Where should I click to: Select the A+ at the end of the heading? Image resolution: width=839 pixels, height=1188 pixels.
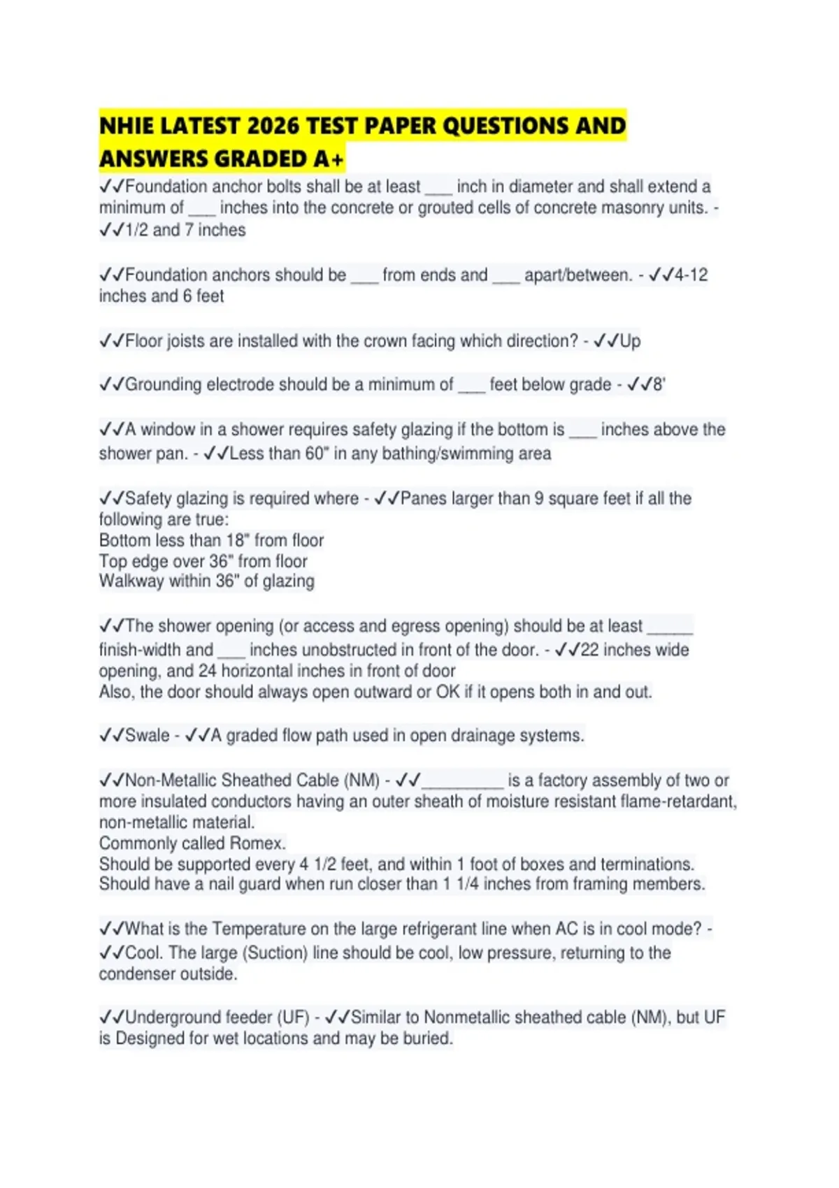(328, 159)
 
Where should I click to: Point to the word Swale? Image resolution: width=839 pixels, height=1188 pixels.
(147, 735)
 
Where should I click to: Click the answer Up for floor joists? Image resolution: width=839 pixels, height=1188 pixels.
(630, 341)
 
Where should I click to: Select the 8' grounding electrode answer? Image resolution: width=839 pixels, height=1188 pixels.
(659, 384)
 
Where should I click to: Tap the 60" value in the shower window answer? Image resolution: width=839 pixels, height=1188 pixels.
(317, 454)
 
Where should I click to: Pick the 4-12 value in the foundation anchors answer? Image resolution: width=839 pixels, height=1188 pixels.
(691, 275)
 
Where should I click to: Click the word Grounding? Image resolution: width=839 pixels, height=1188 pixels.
(163, 384)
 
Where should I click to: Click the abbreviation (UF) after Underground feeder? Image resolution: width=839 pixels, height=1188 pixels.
(294, 1017)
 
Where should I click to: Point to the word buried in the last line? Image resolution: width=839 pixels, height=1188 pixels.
(429, 1038)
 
